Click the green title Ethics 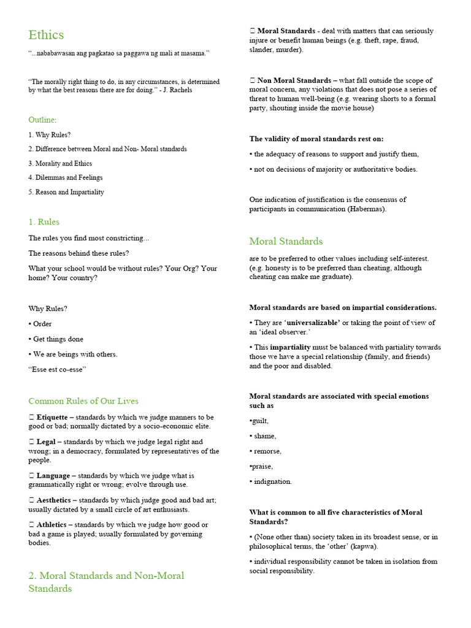pyautogui.click(x=46, y=35)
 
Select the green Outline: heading pyautogui.click(x=42, y=120)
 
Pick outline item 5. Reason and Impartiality pyautogui.click(x=66, y=192)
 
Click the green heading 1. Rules pyautogui.click(x=44, y=221)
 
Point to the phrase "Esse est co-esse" pyautogui.click(x=57, y=369)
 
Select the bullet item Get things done pyautogui.click(x=58, y=339)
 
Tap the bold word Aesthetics pyautogui.click(x=56, y=500)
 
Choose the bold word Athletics pyautogui.click(x=54, y=524)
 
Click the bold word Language pyautogui.click(x=53, y=475)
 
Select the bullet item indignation pyautogui.click(x=273, y=481)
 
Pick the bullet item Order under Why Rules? pyautogui.click(x=42, y=324)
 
